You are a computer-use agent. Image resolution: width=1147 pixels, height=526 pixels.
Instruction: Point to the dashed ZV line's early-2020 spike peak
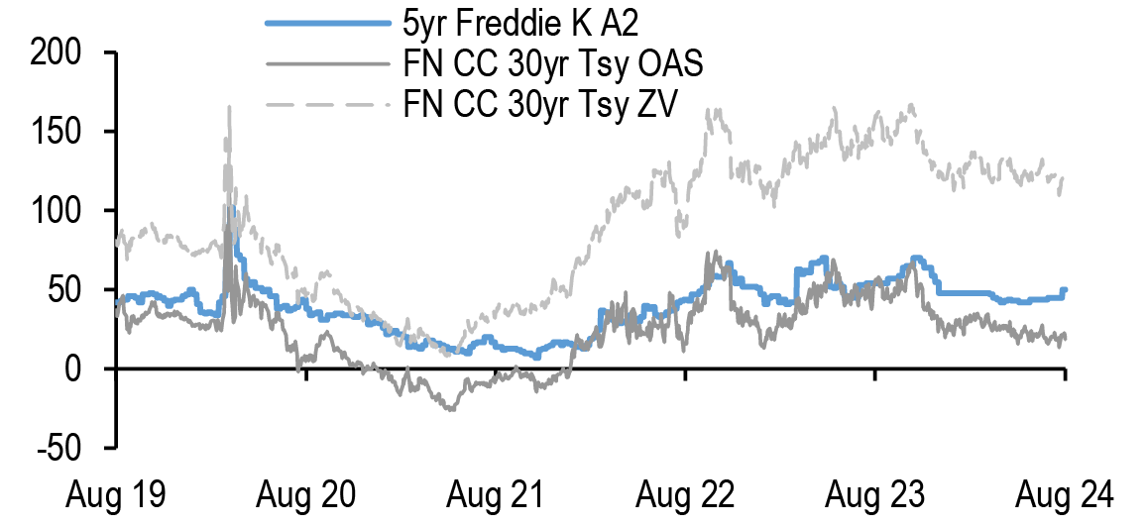(229, 106)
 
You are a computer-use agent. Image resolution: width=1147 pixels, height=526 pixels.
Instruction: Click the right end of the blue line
(1064, 290)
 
